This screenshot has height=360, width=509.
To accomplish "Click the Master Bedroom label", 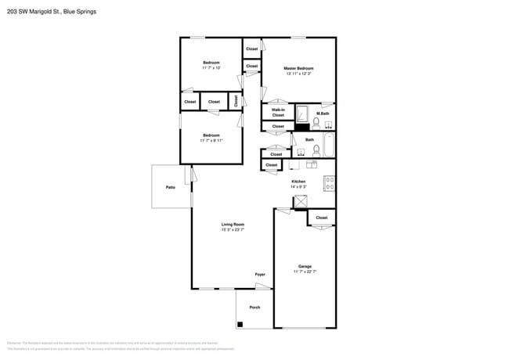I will coord(298,69).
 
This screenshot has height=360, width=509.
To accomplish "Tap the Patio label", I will coord(170,188).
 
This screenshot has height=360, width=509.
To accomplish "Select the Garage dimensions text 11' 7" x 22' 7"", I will coord(305,272).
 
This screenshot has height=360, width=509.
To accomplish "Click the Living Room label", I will coord(233,225).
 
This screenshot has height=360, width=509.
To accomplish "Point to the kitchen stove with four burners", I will coord(330,184).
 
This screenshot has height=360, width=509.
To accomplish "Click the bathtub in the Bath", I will coord(329,146).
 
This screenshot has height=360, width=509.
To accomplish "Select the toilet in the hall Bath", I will coord(316,149).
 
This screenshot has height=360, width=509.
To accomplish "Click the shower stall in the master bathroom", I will coord(302,114).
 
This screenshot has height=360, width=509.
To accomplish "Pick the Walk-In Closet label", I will coord(278,113).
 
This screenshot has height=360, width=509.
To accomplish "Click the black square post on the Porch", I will coord(240,324).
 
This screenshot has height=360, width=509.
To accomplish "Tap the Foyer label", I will coord(260,275).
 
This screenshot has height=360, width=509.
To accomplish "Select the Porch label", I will coord(254,308).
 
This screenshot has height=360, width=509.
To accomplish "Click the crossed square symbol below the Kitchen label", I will coord(300,202).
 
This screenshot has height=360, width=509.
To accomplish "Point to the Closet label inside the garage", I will coord(322,218).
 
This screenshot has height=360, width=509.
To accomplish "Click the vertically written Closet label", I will coord(236,101).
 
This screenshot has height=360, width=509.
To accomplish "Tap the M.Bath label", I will coord(322,113).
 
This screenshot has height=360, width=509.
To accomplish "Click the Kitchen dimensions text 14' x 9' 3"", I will coord(298,186).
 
